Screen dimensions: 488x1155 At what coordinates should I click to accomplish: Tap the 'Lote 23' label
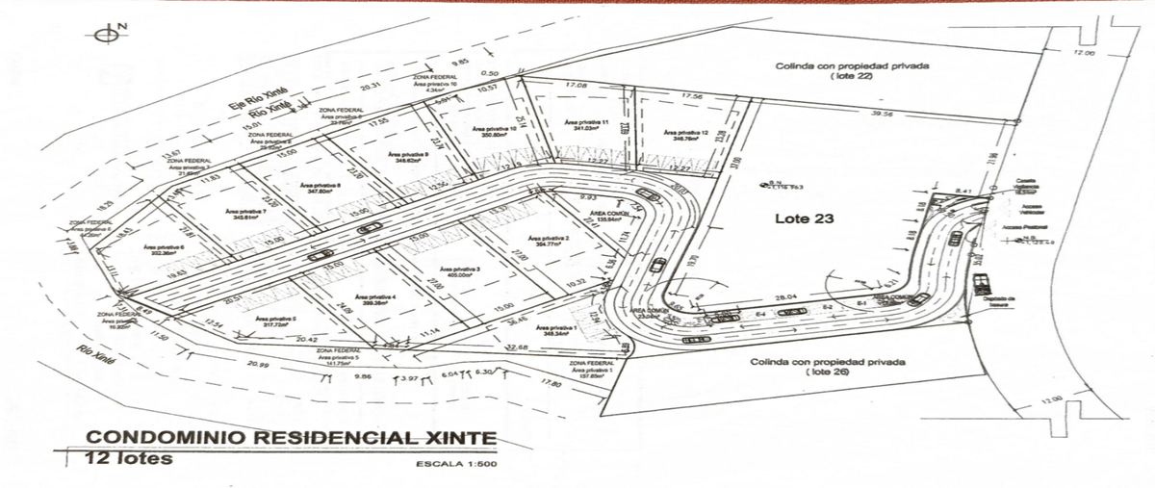[x=804, y=218]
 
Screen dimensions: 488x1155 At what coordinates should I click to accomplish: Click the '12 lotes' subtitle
[x=129, y=458]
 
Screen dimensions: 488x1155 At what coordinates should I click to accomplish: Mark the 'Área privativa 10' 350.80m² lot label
[x=490, y=131]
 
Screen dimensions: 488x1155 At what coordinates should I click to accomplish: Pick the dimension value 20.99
[x=257, y=365]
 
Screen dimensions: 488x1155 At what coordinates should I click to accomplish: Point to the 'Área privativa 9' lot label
[x=408, y=156]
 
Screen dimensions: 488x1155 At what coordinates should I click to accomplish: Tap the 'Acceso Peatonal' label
[x=1023, y=228]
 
